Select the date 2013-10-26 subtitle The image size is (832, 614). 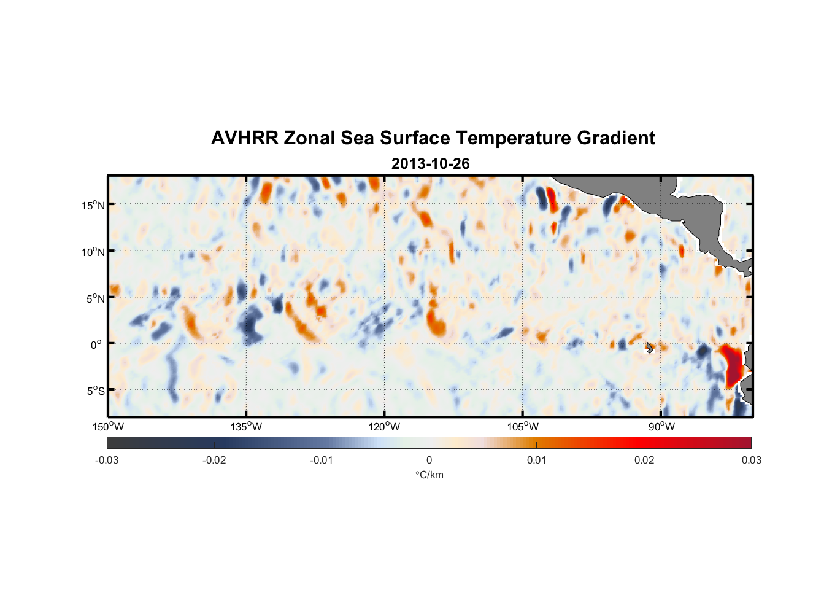430,164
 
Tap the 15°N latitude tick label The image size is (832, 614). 93,205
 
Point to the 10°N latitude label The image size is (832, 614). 93,252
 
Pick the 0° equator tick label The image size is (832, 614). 96,345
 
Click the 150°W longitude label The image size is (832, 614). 109,427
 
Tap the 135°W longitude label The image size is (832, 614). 247,427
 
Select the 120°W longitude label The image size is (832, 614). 385,427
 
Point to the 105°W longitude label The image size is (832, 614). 523,427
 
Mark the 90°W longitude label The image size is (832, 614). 661,427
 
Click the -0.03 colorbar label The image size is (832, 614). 107,460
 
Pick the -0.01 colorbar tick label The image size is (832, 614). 322,460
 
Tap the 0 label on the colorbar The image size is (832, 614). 429,460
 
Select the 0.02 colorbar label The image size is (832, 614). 644,460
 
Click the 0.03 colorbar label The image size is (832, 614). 751,460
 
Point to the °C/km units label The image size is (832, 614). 429,475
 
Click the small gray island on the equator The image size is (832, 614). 650,348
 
